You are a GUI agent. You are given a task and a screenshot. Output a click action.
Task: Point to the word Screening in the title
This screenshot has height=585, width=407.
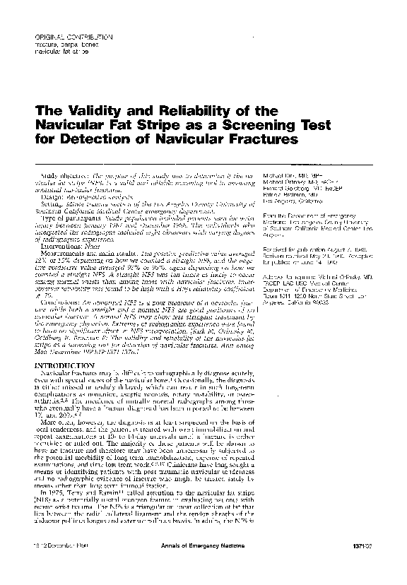[235, 126]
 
